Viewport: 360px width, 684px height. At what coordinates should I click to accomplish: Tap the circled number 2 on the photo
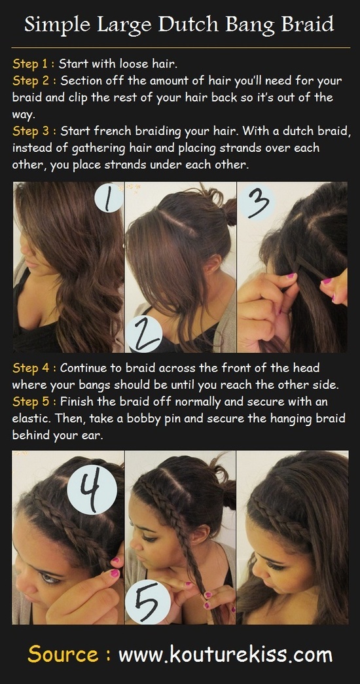(x=143, y=334)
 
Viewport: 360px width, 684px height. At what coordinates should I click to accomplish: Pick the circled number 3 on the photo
(x=257, y=203)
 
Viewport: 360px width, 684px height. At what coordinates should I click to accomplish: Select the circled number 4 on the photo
(x=92, y=490)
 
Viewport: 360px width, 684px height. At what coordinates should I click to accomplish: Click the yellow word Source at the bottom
(x=63, y=655)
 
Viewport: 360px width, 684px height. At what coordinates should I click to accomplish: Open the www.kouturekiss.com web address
(x=225, y=655)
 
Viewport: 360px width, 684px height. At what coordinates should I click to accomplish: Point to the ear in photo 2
(x=213, y=264)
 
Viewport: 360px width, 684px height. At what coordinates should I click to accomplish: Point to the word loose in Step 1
(x=134, y=64)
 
